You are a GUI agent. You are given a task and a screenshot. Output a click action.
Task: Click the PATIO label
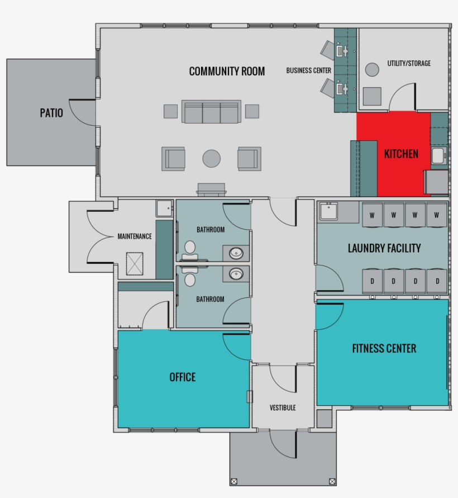51,113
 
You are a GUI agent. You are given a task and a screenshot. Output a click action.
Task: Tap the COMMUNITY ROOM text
227,72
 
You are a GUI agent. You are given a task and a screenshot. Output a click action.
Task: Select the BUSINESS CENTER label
308,70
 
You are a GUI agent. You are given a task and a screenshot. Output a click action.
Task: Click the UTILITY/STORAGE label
409,64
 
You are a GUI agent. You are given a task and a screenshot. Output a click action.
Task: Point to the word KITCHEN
400,154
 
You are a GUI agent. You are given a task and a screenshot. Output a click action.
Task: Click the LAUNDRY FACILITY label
384,248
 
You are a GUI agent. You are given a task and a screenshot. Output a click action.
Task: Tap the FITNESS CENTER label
384,349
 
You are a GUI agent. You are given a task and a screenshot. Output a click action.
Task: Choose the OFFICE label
183,377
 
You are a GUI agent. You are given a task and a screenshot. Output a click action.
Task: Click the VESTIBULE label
282,408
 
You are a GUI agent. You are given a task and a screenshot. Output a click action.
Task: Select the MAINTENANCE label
134,236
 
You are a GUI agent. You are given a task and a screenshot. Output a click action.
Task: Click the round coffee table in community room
211,158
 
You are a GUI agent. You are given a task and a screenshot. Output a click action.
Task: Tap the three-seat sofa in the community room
211,112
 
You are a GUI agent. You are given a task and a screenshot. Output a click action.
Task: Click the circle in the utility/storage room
372,70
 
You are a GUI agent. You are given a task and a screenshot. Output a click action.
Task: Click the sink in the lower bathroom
237,274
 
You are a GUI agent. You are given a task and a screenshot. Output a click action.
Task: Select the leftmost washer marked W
372,215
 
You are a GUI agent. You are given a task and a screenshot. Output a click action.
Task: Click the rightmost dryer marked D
437,281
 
